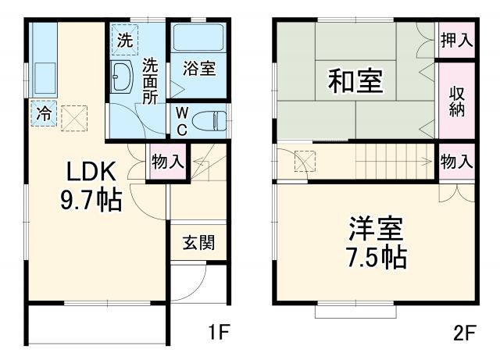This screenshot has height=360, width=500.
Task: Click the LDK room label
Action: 91,171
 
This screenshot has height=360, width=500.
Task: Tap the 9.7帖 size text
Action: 91,201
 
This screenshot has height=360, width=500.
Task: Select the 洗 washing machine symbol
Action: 125,40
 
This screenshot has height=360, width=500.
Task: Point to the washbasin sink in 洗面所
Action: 123,77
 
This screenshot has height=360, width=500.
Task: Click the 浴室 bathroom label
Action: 198,68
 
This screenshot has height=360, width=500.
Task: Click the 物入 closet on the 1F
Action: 168,162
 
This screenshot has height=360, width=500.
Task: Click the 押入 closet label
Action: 456,40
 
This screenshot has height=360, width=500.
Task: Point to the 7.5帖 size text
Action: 375,258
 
